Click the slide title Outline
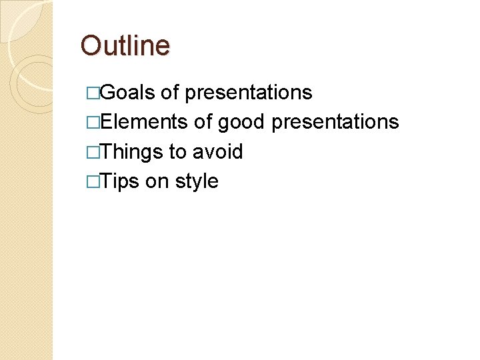coord(125,46)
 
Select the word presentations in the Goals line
coord(248,93)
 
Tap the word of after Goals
coord(170,93)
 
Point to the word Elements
coord(145,122)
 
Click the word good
coord(241,122)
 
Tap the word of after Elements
coord(203,122)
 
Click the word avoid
coord(217,151)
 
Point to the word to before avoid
coord(177,151)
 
